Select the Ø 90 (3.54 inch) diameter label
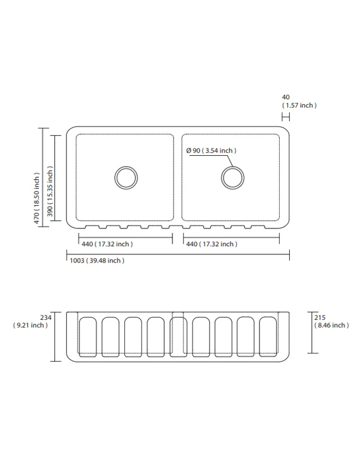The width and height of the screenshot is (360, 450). pos(212,150)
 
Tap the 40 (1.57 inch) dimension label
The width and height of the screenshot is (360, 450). pos(299,102)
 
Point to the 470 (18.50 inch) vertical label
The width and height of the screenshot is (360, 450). pos(37,198)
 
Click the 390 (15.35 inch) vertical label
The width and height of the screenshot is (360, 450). pos(50,191)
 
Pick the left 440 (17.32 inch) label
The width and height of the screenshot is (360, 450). pos(107,244)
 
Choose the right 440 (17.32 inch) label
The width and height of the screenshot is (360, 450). pos(212,244)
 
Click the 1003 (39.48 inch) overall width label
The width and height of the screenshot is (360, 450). pos(97,261)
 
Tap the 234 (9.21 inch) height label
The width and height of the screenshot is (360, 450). pos(31,321)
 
